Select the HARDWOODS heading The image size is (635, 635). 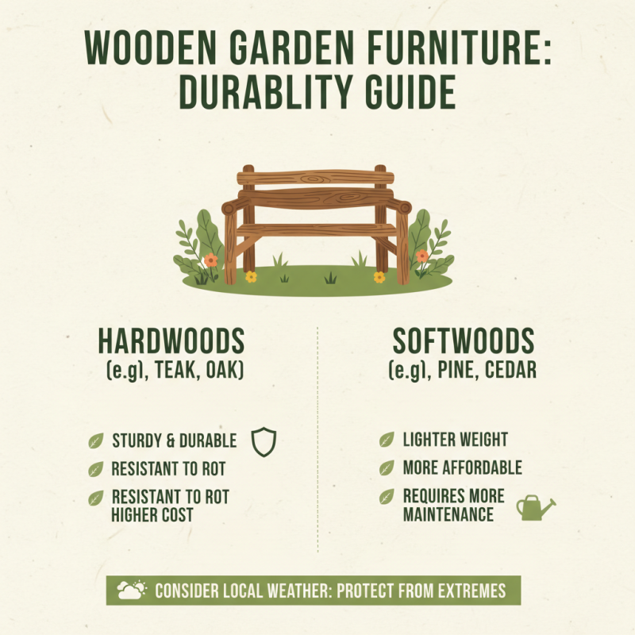[171, 342]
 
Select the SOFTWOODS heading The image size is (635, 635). [464, 342]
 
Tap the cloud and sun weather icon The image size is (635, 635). [132, 591]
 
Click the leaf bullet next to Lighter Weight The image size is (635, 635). [387, 440]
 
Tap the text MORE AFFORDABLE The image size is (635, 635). [463, 468]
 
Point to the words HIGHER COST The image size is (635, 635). [152, 514]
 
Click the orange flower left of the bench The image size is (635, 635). [210, 260]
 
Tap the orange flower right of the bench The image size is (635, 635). [422, 256]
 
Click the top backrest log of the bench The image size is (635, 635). [315, 177]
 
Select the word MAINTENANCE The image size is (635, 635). [448, 514]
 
